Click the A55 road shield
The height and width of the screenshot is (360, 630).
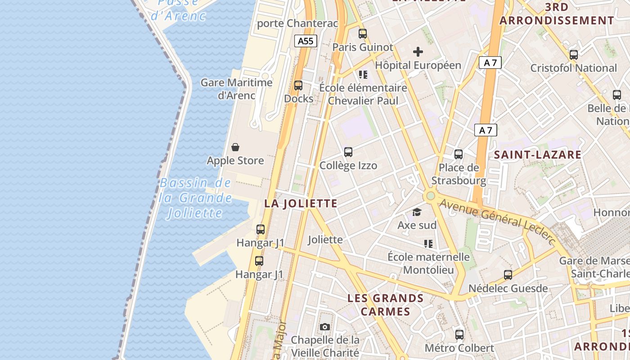coord(306,41)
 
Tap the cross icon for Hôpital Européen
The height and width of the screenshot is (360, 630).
coord(418,52)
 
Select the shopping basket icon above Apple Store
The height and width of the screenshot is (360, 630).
coord(235,147)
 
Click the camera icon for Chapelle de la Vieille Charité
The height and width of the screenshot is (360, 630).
coord(324,327)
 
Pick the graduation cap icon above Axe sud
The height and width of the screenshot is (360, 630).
coord(417,211)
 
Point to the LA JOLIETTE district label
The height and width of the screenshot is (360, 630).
coord(301,203)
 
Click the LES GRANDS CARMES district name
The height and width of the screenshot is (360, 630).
coord(386,305)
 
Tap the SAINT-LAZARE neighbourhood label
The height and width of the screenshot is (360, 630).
coord(538,155)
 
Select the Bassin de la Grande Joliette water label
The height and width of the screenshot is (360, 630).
coord(196,198)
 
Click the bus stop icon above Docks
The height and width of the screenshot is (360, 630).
coord(298,85)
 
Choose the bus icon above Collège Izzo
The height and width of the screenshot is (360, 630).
coord(348,152)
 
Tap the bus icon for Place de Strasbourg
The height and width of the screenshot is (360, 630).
coord(459,154)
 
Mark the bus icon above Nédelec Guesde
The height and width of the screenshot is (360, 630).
coord(508,274)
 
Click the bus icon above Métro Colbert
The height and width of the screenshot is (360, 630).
coord(459,334)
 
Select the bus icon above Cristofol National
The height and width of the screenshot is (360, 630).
coord(573,55)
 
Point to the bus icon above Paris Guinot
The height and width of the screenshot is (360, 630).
coord(362,33)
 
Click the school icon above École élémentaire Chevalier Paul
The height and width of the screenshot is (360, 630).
coord(363,74)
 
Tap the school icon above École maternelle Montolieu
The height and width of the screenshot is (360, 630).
coord(428,244)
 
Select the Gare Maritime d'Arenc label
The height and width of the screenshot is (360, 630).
coord(237,89)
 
